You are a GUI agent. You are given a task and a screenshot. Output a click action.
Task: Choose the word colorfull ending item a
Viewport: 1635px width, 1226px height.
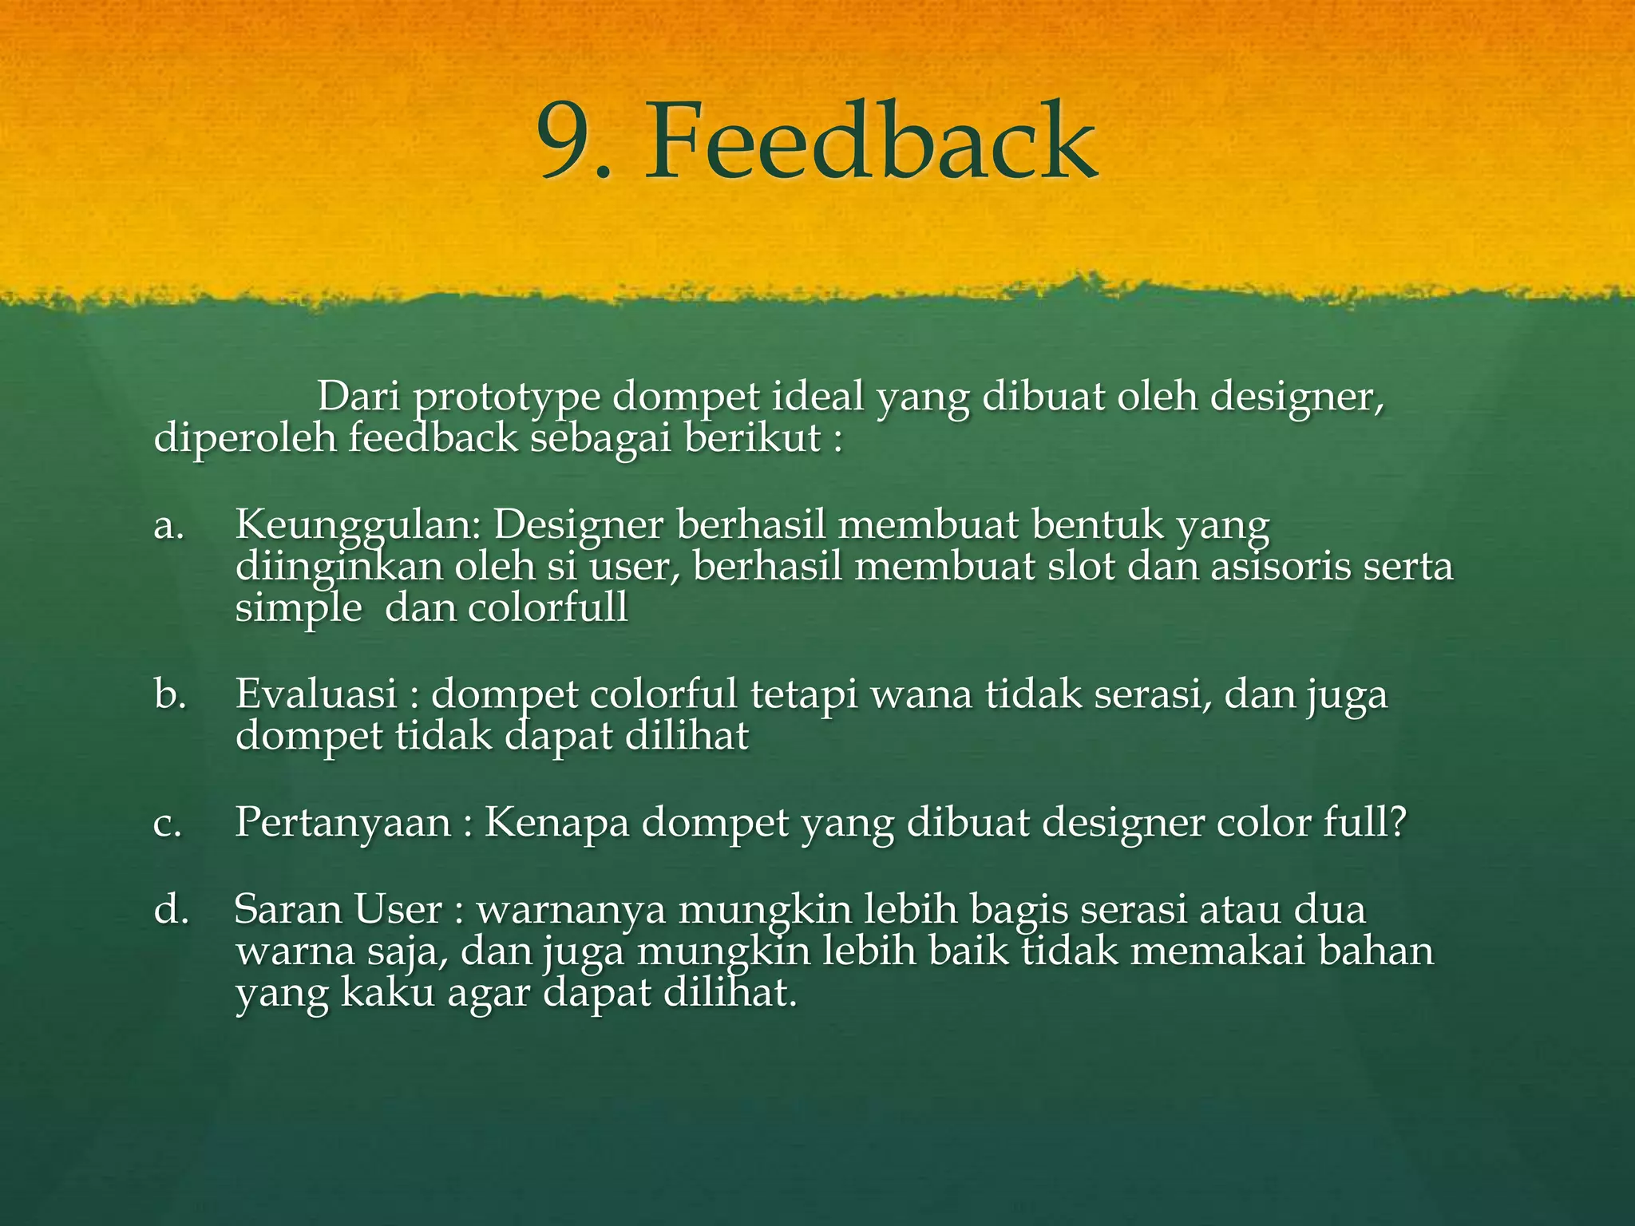(548, 608)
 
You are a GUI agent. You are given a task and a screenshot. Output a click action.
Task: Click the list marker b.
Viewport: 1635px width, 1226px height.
(170, 694)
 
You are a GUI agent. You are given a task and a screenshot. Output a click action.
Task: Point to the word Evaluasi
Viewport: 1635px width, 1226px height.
(316, 694)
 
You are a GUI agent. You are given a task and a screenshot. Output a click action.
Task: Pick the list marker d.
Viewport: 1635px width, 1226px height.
(170, 910)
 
